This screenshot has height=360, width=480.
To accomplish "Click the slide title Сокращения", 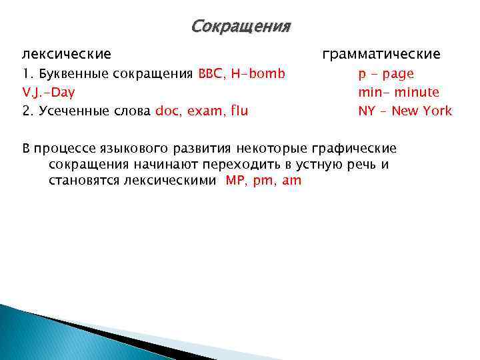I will [x=241, y=27].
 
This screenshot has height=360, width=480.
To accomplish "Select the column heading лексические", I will [x=67, y=53].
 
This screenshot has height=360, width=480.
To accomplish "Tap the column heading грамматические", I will [x=381, y=53].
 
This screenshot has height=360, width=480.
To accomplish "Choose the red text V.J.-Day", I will [x=49, y=92].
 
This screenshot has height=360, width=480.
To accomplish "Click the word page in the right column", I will [x=399, y=73].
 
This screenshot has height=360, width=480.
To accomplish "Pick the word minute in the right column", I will [x=416, y=92].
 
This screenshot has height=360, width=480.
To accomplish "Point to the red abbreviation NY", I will [x=367, y=111].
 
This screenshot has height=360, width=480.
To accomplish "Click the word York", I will [x=437, y=111].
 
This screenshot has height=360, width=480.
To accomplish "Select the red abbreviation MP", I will [x=236, y=180].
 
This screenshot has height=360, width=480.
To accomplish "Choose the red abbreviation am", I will [x=292, y=180].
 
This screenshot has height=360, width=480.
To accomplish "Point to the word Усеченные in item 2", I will [x=69, y=111].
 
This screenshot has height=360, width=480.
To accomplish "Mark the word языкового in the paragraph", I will [x=119, y=148].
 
